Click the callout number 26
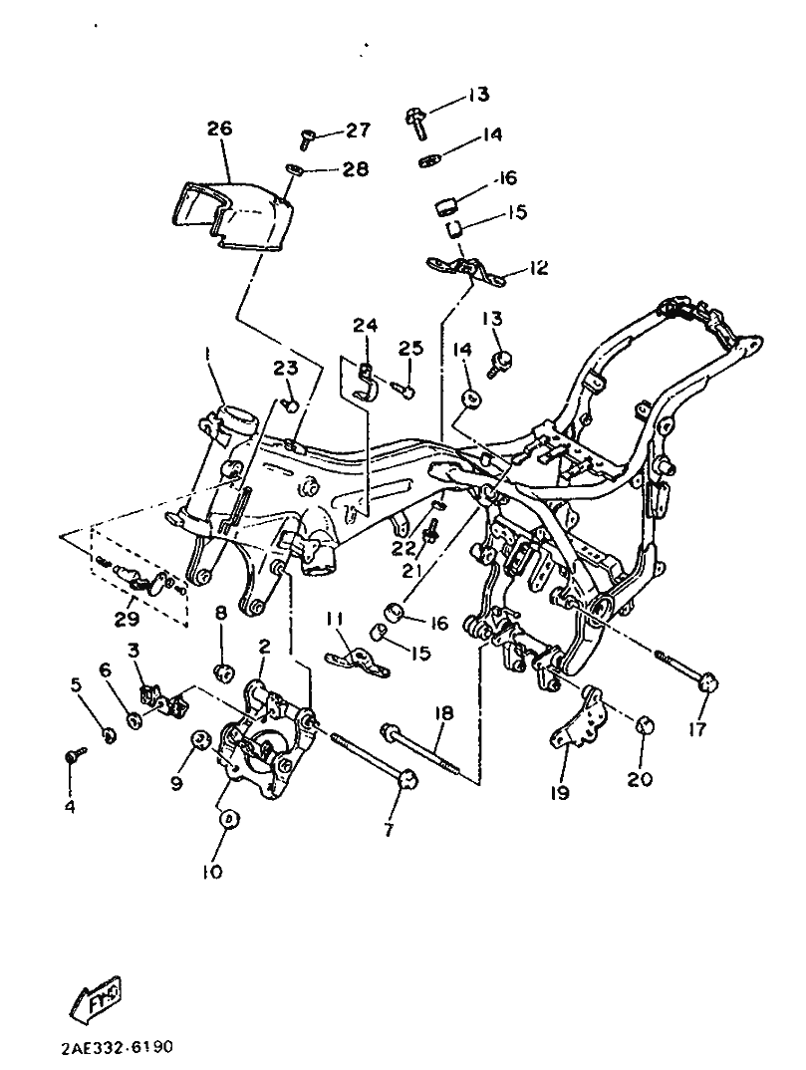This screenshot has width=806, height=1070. pyautogui.click(x=220, y=129)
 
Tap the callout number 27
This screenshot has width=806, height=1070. pyautogui.click(x=358, y=130)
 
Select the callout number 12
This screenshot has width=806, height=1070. pyautogui.click(x=538, y=267)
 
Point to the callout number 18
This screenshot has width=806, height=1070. pyautogui.click(x=443, y=713)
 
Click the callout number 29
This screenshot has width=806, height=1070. pyautogui.click(x=128, y=619)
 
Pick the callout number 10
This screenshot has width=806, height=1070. pyautogui.click(x=212, y=872)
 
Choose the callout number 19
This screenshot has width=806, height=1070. pyautogui.click(x=560, y=793)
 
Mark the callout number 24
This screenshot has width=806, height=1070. pyautogui.click(x=365, y=326)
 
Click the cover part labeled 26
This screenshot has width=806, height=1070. pyautogui.click(x=231, y=215)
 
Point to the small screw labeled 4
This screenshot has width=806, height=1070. pyautogui.click(x=75, y=754)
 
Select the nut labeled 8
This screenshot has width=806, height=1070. pyautogui.click(x=222, y=670)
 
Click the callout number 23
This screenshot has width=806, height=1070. pyautogui.click(x=287, y=369)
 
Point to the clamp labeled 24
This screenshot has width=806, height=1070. pyautogui.click(x=367, y=384)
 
